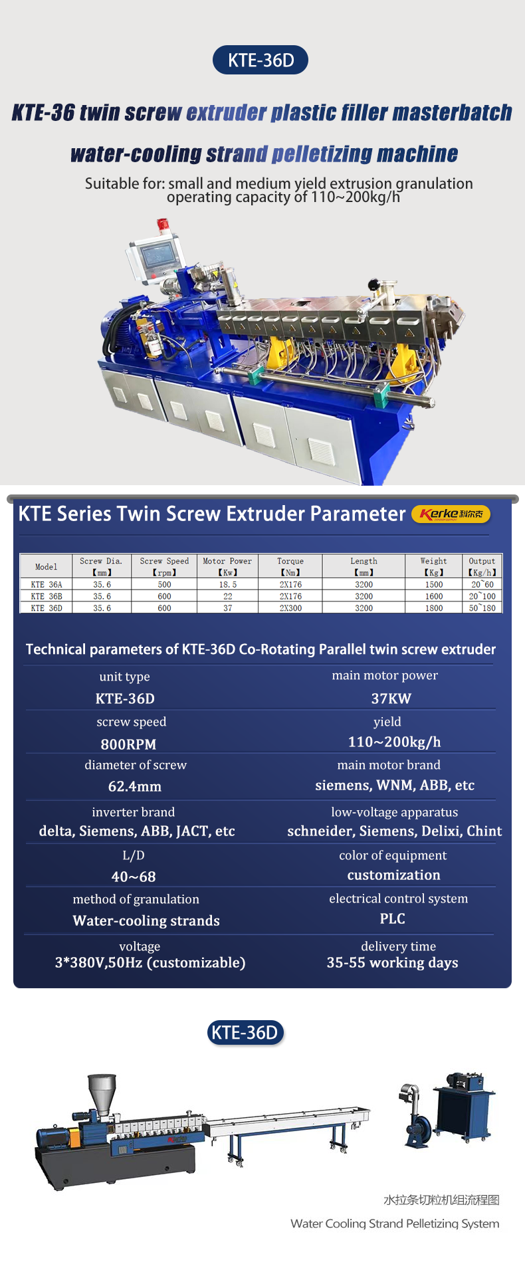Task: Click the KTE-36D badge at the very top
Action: [x=261, y=60]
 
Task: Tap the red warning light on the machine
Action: [x=163, y=227]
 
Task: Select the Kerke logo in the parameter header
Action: [x=451, y=514]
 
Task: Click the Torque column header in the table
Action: [x=290, y=566]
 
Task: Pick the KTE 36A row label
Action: [x=47, y=585]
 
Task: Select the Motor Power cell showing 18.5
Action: [x=228, y=585]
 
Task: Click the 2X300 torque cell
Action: [x=290, y=608]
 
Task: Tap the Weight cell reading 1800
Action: [x=434, y=608]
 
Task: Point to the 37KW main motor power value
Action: [x=391, y=698]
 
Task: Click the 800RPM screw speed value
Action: [x=128, y=744]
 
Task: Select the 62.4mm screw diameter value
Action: [x=135, y=787]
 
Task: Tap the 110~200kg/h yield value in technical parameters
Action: [x=395, y=742]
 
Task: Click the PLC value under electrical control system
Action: [x=393, y=918]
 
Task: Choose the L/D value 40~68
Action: [x=134, y=877]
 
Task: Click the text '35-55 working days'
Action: [x=393, y=962]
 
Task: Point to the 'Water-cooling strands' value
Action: [x=146, y=920]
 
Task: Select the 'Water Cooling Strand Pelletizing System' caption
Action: [x=395, y=1224]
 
